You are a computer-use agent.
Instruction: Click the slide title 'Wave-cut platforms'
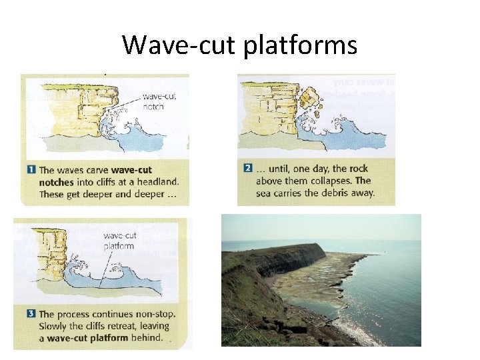pyautogui.click(x=240, y=45)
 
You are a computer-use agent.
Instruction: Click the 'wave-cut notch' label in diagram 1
pyautogui.click(x=159, y=101)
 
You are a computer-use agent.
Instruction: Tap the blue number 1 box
pyautogui.click(x=31, y=170)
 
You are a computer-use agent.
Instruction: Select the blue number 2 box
pyautogui.click(x=248, y=169)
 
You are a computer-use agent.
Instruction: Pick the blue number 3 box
pyautogui.click(x=30, y=314)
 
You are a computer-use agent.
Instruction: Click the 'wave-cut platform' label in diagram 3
pyautogui.click(x=119, y=240)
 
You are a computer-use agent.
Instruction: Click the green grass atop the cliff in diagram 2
pyautogui.click(x=267, y=84)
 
